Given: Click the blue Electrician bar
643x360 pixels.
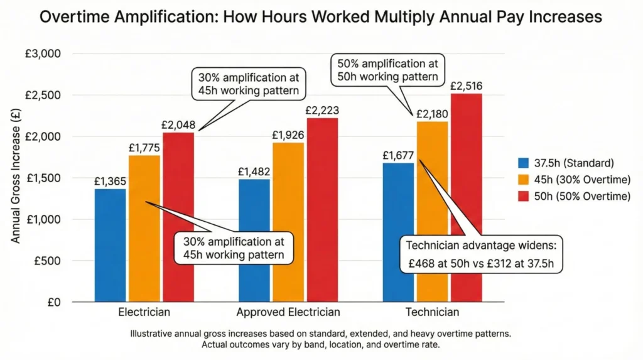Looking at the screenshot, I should click(111, 245).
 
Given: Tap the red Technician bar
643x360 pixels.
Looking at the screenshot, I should click(465, 198).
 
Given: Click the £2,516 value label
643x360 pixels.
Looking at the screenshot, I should click(465, 85).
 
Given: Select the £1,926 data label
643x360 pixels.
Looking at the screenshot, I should click(288, 134).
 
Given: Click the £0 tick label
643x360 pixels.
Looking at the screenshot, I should click(54, 302).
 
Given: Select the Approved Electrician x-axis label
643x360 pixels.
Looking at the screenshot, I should click(288, 312).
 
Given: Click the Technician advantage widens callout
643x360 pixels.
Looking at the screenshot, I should click(481, 253).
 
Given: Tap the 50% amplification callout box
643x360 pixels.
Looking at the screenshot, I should click(387, 71).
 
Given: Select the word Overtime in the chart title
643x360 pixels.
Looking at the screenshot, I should click(78, 17).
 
